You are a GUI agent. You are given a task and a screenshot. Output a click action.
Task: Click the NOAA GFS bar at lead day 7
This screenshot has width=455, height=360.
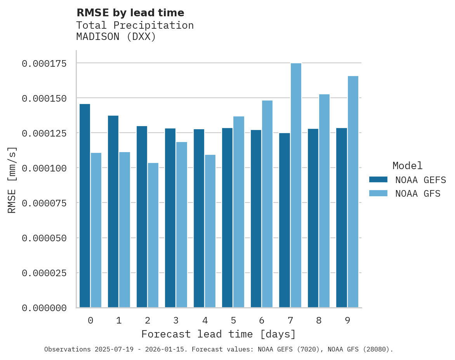pos(296,185)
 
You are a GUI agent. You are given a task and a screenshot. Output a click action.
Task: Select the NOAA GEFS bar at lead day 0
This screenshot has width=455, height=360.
pos(85,206)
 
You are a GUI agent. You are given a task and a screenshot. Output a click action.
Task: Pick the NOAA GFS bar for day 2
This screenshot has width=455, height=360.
pos(153,235)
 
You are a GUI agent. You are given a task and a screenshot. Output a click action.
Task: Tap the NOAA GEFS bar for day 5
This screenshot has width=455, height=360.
pos(227,218)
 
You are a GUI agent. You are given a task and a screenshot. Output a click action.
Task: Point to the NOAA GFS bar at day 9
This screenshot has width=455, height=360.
pos(353,192)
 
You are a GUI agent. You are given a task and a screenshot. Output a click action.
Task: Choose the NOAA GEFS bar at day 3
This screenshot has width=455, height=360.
pos(170,218)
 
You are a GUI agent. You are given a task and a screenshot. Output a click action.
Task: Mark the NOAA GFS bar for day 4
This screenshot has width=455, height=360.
pos(210,231)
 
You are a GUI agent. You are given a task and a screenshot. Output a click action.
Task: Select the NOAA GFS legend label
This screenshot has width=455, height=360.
pos(418,194)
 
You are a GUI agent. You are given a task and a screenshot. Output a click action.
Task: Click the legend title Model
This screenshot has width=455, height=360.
pos(407,166)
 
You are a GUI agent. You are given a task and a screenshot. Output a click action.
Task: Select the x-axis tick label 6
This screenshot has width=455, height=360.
pos(262,320)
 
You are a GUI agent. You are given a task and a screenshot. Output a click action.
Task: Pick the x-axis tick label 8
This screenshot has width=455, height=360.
pos(319,320)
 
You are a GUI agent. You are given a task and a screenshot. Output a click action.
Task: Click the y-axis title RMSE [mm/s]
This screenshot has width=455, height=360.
pos(12,180)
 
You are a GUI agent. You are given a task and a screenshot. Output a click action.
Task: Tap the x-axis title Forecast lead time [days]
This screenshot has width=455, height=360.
pos(219,334)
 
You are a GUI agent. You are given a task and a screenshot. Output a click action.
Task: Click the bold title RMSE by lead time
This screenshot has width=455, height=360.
pos(130,13)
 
